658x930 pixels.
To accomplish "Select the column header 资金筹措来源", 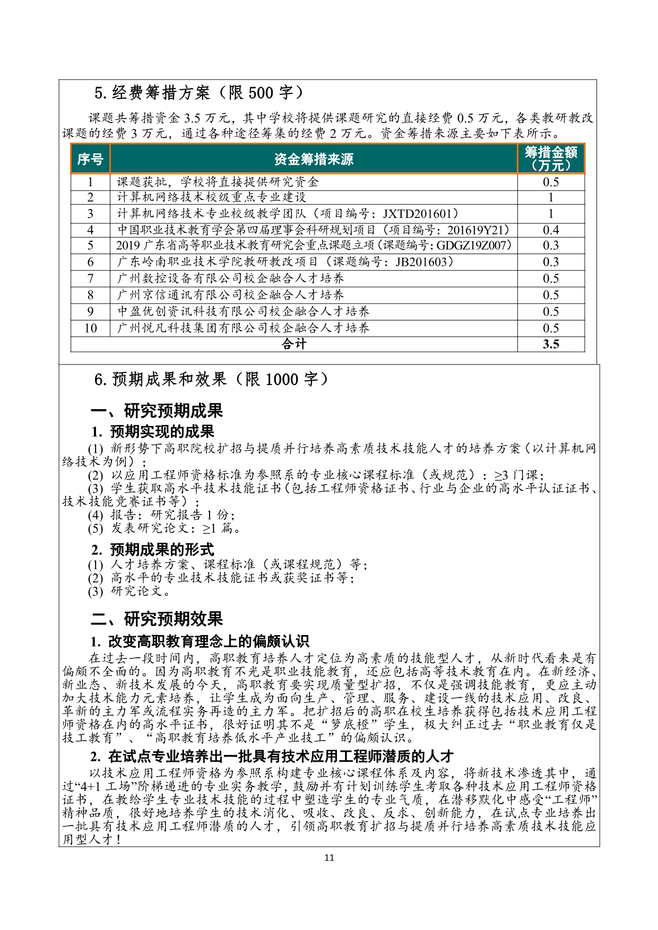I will pos(314,159).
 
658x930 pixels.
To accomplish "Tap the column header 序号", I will pos(90,159).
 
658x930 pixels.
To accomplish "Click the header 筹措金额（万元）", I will pos(551,159).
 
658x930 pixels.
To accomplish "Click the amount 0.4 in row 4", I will pos(551,230).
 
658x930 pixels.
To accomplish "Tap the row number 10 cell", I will pos(90,328).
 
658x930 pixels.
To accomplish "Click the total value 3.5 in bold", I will pos(551,344).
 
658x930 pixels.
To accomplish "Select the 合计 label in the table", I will pos(294,344).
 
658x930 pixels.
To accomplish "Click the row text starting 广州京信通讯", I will pos(230,295).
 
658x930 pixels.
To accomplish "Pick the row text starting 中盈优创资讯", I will pos(243,311).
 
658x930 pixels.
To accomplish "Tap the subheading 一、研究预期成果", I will pos(157,411).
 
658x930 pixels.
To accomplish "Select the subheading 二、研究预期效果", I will pos(157,619).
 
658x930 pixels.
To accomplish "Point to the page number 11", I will pos(329,858).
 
